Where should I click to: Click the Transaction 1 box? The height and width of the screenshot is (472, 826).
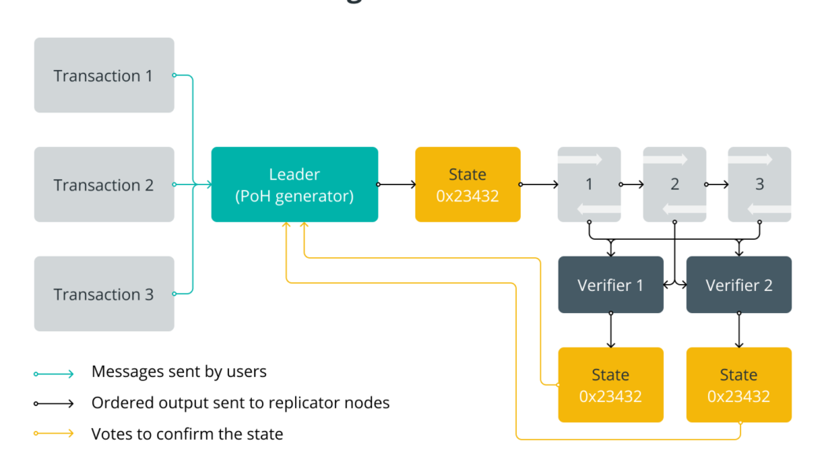tap(104, 76)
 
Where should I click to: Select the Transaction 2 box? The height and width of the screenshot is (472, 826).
tap(104, 185)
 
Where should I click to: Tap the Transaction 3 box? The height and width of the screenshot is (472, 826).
tap(104, 294)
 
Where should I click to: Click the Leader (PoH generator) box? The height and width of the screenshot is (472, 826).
tap(294, 185)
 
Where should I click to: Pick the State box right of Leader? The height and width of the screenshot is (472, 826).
tap(467, 185)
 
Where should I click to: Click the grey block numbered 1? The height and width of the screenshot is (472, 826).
tap(588, 185)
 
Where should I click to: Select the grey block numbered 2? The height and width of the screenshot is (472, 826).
tap(674, 185)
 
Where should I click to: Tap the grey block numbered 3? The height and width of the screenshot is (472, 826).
tap(759, 185)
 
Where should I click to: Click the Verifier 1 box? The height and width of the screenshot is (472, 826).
tap(610, 285)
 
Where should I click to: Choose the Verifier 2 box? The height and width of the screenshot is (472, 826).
tap(739, 285)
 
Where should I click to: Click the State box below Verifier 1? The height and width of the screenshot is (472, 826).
tap(610, 385)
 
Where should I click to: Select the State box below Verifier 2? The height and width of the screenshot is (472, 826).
tap(739, 385)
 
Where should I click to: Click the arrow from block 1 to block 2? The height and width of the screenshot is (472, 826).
tap(632, 185)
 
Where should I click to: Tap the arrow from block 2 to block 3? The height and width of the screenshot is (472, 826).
tap(717, 185)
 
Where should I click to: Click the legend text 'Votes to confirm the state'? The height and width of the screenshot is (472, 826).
tap(187, 433)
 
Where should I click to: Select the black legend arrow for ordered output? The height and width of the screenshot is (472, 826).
tap(53, 404)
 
